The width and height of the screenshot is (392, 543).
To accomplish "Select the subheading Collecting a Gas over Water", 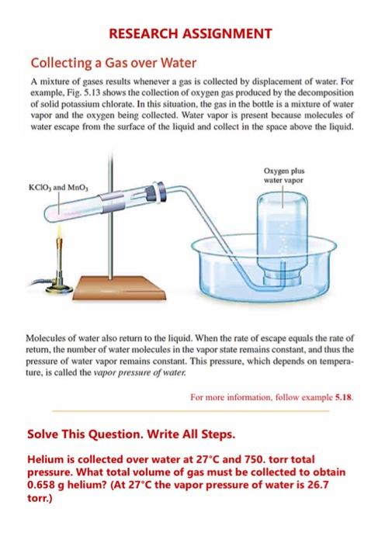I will tap(113, 63).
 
